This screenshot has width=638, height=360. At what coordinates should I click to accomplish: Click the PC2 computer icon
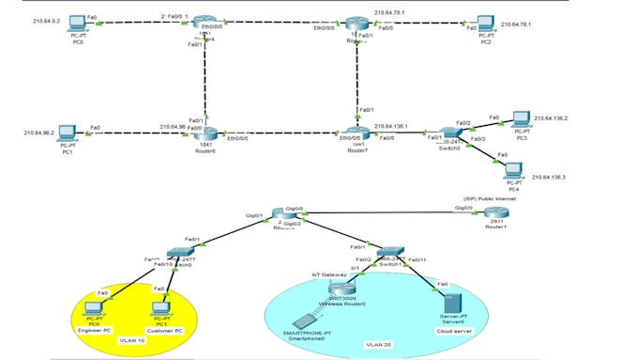click(484, 23)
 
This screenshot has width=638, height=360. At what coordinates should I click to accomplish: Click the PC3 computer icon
click(521, 119)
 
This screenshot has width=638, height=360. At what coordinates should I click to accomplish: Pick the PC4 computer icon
click(512, 170)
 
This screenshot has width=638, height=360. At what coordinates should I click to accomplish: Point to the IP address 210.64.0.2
click(46, 20)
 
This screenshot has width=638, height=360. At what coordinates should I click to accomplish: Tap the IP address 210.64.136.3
click(551, 177)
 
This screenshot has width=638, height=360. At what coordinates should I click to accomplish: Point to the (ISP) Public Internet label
click(489, 198)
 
